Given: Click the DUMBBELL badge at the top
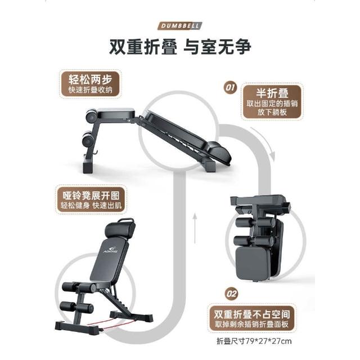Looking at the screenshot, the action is coord(180,26).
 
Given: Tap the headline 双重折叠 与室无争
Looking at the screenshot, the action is coord(180,47).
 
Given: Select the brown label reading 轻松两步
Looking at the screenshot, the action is coord(90,84).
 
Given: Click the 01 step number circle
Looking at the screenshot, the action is coord(230,88).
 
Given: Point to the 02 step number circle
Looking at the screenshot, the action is coord(231,294).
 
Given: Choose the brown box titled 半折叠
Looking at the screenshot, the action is coord(272,102).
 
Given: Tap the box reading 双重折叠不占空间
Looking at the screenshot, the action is coord(251,318).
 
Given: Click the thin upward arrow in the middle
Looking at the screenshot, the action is coord(195,228).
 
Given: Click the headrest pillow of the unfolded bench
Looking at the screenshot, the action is coord(119,229).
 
